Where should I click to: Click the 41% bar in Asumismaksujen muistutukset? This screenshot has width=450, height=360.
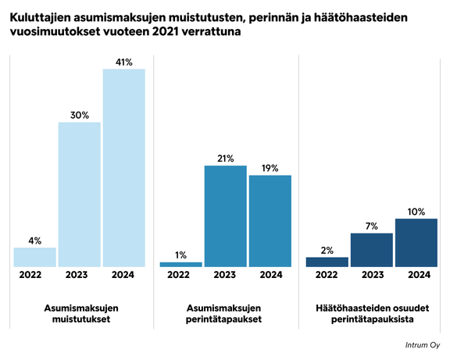[124, 168]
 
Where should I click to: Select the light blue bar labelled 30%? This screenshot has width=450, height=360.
[80, 194]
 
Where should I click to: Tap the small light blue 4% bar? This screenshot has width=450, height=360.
[35, 257]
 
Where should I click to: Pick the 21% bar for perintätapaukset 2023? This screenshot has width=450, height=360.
[226, 216]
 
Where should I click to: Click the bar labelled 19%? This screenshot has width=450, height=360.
[270, 221]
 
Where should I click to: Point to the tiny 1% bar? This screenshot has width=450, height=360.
[180, 264]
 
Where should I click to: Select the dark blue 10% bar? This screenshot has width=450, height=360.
[416, 243]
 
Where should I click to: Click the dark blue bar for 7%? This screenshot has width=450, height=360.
[372, 250]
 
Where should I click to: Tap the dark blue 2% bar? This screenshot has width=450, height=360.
[327, 262]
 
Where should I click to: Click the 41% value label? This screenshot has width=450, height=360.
[124, 60]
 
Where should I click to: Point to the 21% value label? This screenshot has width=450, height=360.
[226, 158]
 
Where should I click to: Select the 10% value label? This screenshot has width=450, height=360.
[416, 211]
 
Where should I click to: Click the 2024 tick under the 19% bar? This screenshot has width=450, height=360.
[270, 274]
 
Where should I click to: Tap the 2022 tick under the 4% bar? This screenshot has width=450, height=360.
[35, 274]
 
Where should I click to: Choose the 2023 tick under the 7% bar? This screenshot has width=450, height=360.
[372, 274]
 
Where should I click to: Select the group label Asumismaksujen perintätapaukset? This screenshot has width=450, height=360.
[226, 314]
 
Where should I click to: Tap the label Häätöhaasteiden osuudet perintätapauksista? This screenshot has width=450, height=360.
[372, 314]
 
